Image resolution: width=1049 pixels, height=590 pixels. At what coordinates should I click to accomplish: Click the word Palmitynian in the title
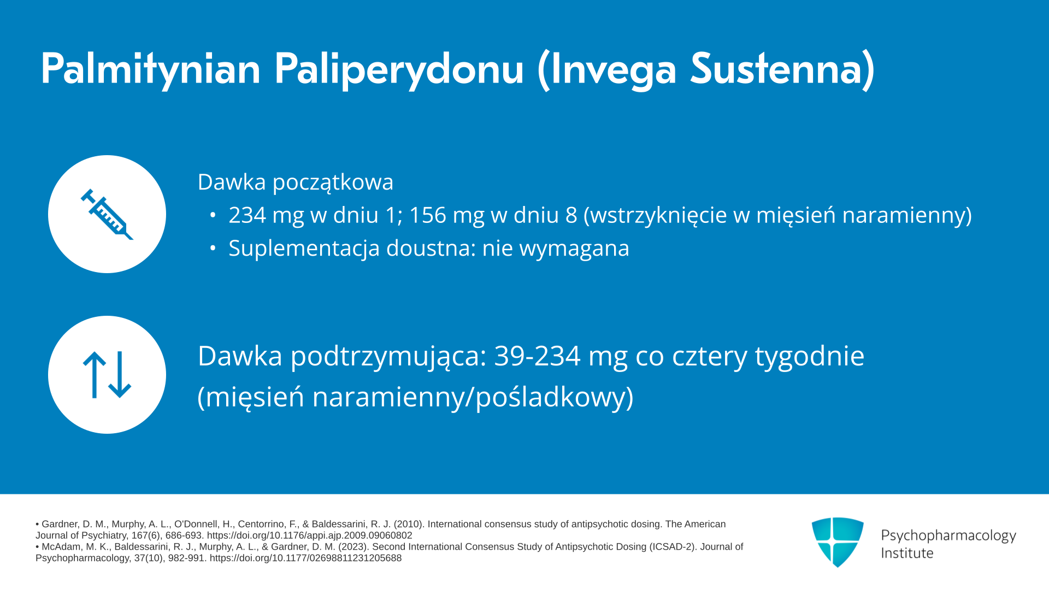pos(151,69)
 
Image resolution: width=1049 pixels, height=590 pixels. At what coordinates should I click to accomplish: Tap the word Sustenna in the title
pos(782,69)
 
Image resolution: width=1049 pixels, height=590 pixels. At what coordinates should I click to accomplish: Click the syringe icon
pos(107,214)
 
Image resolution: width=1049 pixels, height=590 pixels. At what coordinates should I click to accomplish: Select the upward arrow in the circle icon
pos(95,374)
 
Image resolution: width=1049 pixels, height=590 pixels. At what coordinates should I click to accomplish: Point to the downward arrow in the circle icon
pos(120,374)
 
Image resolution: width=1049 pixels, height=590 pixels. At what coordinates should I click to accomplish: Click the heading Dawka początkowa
pos(296,182)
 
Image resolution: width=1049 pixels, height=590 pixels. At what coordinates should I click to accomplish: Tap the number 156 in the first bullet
pos(427,215)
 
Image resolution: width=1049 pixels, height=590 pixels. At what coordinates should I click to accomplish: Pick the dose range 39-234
pos(537,356)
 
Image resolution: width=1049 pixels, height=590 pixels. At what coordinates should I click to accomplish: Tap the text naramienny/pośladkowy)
pos(473,397)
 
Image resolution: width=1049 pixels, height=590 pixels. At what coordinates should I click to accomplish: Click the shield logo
pos(838,542)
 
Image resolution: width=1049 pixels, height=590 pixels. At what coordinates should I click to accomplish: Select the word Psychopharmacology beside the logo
pos(948,536)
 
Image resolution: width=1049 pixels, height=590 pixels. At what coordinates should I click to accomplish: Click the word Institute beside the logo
pos(907,553)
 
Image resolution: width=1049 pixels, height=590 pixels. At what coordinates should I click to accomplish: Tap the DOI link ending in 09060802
pos(309,536)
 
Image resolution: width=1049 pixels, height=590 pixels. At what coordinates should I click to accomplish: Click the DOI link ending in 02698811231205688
pos(305,558)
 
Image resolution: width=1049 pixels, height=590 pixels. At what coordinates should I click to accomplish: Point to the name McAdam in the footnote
pos(60,547)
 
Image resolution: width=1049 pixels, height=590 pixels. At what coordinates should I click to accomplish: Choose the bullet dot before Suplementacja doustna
pos(213,249)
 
